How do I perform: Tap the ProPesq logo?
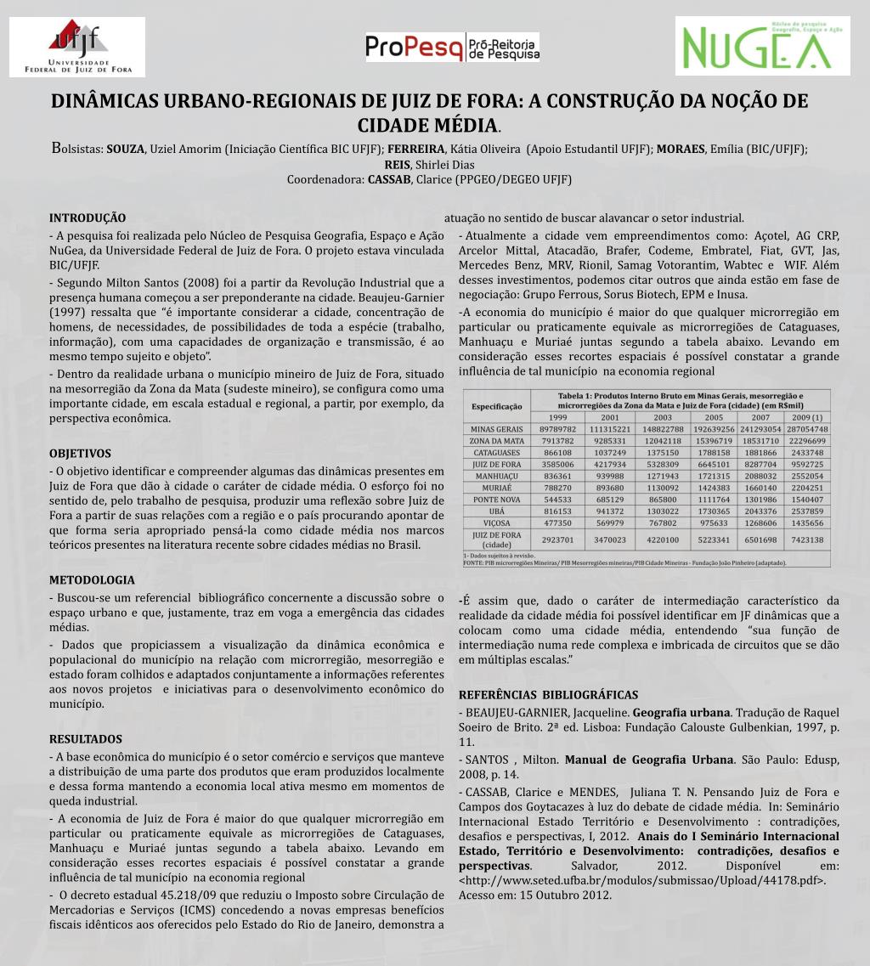tap(452, 48)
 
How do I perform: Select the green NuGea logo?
tap(762, 46)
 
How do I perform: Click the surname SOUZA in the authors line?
tap(125, 150)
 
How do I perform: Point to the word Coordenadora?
tap(325, 180)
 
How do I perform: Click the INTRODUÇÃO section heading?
tap(88, 217)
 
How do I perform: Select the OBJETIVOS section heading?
tap(80, 454)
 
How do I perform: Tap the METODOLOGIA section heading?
tap(92, 580)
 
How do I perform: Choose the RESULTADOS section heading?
tap(86, 739)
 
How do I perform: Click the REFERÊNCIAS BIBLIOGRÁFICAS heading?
tap(548, 694)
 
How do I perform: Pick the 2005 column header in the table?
tap(714, 417)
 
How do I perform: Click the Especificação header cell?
tap(496, 407)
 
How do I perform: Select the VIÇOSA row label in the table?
tap(496, 524)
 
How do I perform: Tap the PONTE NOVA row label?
tap(496, 501)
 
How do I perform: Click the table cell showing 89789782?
tap(557, 430)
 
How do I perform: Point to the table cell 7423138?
tap(807, 540)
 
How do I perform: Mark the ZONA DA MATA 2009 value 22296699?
tap(807, 442)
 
